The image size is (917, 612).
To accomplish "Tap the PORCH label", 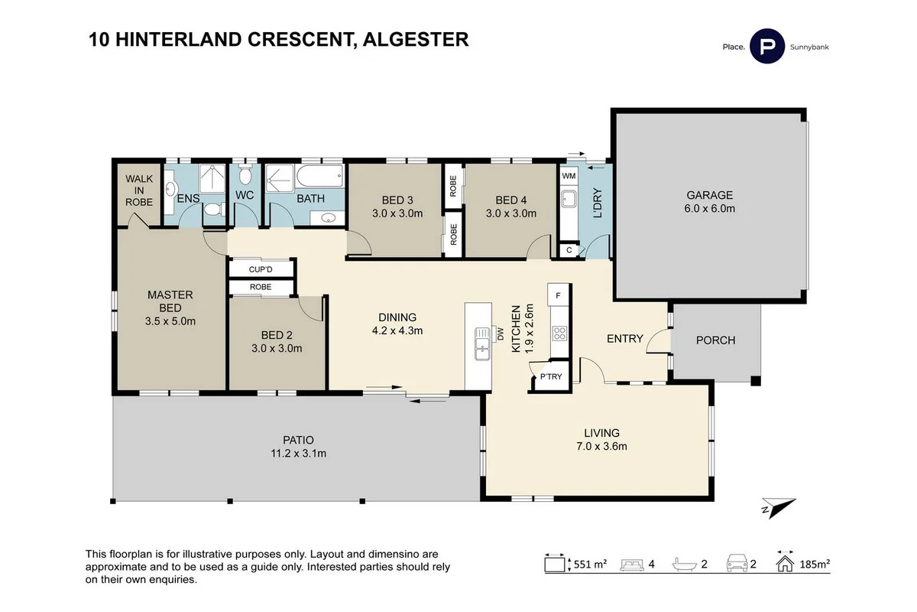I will (x=715, y=340).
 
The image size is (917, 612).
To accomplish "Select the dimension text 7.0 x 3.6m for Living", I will (x=602, y=447).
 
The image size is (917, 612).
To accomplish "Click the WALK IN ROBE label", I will (x=139, y=190).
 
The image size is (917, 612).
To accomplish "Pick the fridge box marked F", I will (x=559, y=295).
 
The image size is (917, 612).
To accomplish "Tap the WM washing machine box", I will (x=569, y=176).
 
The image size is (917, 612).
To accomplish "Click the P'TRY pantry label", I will (x=550, y=376).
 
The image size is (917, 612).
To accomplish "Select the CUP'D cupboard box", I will (x=261, y=269).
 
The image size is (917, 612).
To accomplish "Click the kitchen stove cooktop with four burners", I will (x=559, y=333).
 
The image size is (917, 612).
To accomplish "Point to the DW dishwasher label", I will (x=501, y=334).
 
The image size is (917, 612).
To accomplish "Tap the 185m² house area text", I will (x=815, y=565).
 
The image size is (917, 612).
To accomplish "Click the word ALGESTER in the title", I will (x=416, y=39).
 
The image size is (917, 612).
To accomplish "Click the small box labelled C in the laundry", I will (x=569, y=249).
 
